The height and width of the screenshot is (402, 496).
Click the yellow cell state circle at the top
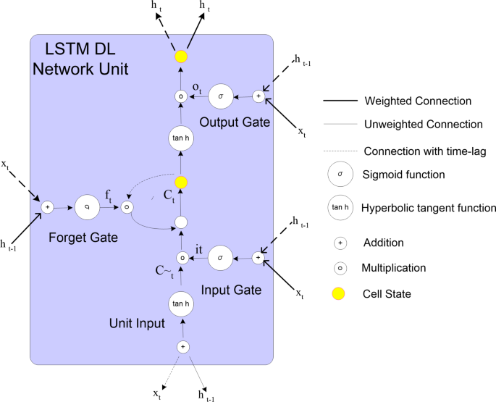pos(181,56)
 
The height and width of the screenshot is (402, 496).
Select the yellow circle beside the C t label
pos(181,184)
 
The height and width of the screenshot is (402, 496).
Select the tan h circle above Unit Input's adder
pos(182,303)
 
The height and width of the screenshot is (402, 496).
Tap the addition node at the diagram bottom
pos(182,347)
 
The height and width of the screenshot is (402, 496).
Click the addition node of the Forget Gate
pos(47,207)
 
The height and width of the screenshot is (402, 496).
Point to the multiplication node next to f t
pos(127,207)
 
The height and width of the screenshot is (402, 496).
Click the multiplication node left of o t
pos(181,96)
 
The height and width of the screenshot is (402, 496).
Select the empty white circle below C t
pos(181,222)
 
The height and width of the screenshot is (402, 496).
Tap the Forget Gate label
pos(84,237)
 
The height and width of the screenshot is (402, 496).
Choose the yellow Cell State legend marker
pos(338,293)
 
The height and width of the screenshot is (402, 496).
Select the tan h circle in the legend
pos(339,208)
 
